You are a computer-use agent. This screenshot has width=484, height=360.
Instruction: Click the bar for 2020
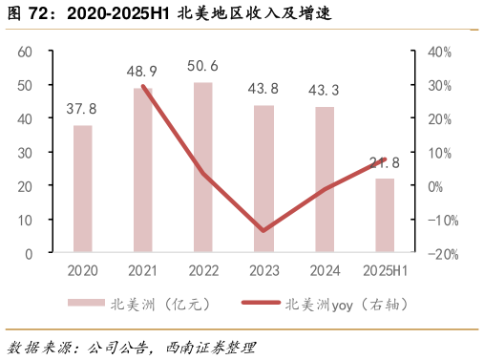(83, 189)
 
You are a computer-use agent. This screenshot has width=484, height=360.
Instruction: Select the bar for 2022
(203, 168)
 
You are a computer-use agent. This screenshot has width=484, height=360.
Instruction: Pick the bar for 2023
(263, 180)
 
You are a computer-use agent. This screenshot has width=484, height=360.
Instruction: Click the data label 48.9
(143, 72)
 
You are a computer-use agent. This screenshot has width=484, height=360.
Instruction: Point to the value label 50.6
(203, 66)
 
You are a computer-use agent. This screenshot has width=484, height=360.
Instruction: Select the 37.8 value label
(83, 109)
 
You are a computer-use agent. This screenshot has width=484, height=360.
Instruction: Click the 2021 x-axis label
(143, 270)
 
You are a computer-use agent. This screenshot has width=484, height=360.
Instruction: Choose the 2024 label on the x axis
(324, 270)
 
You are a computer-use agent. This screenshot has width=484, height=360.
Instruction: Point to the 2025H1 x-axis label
(384, 270)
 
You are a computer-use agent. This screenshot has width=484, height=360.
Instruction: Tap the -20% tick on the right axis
(438, 254)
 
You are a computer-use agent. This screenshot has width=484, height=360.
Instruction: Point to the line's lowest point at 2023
(263, 231)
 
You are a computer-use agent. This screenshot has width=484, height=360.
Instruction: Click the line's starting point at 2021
(143, 86)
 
